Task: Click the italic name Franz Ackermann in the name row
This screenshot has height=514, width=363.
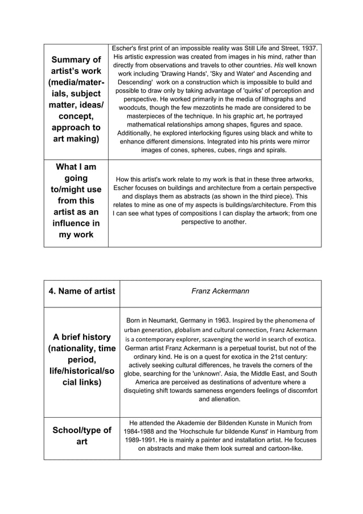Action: (220, 291)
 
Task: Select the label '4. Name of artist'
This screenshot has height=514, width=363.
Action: (82, 291)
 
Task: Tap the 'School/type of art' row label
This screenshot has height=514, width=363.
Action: (82, 435)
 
